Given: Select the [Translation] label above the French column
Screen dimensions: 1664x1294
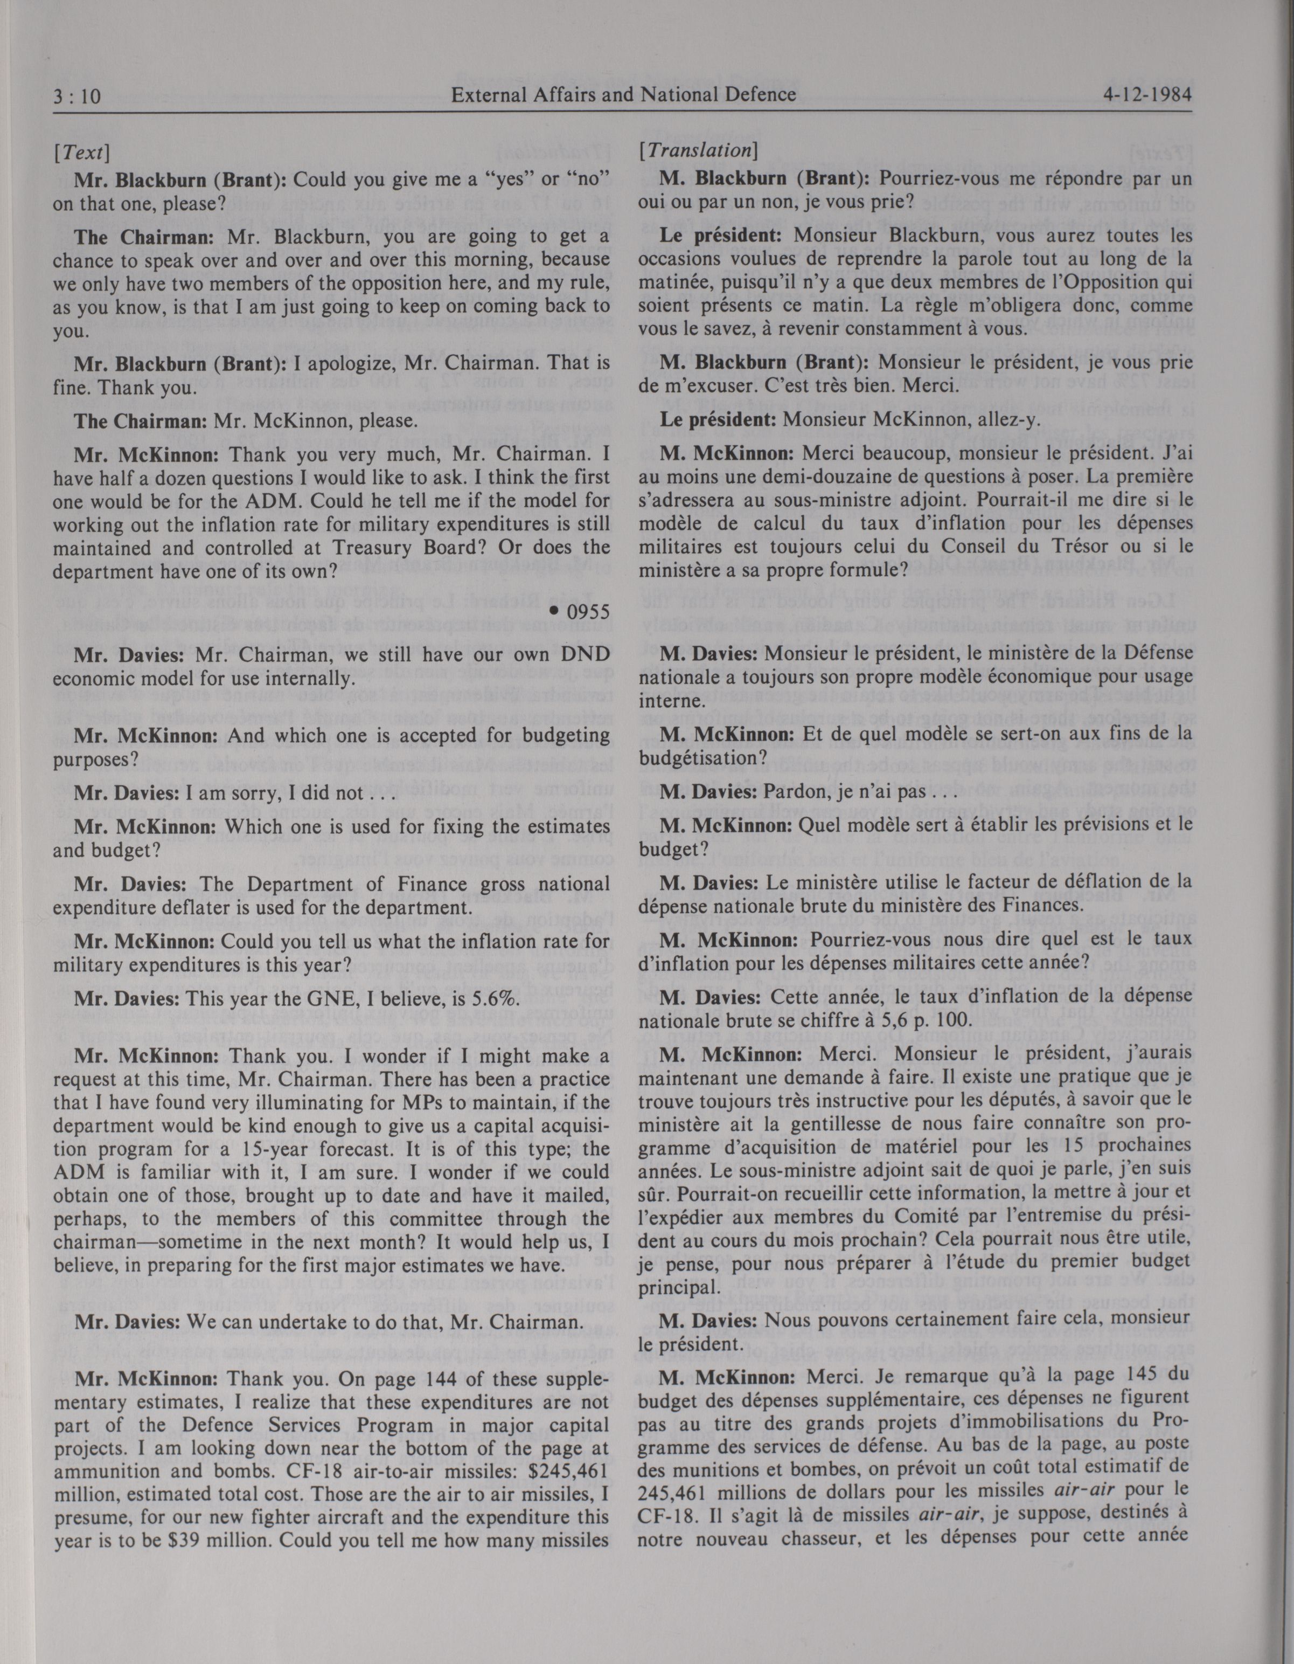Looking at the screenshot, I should [x=697, y=150].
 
